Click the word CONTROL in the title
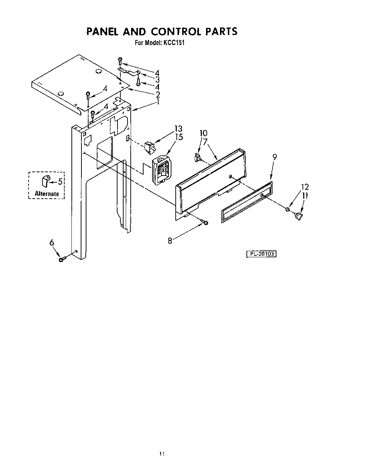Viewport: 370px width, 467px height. pos(176,31)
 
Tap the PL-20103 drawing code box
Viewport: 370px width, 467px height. pos(262,254)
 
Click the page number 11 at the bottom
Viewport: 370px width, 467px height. pos(162,454)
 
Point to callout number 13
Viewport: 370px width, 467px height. pos(178,129)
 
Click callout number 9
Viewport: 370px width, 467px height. pos(274,156)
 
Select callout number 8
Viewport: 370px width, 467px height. pos(170,241)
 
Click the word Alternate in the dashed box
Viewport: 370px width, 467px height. pos(46,194)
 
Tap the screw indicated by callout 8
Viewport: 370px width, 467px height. pos(205,223)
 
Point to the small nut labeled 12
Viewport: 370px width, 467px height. pos(287,209)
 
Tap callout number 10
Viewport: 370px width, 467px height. pos(203,133)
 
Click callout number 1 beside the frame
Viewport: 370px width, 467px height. pos(157,102)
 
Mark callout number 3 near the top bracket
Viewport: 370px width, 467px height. pos(157,79)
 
